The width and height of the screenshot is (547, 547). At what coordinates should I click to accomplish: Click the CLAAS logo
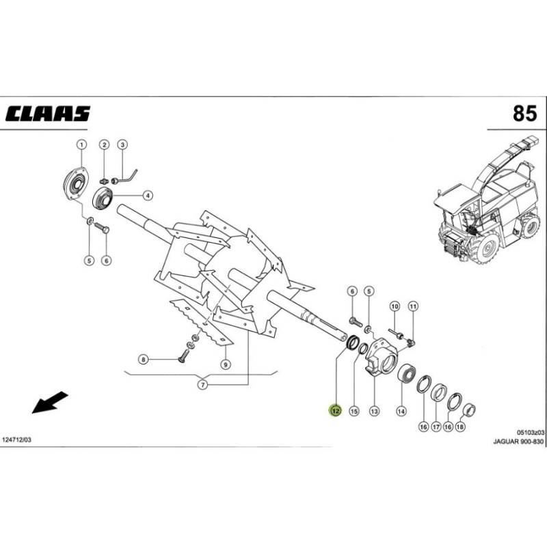pyautogui.click(x=48, y=113)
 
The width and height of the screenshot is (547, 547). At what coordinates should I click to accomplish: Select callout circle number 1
pyautogui.click(x=81, y=144)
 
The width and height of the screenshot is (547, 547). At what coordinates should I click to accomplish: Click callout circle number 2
pyautogui.click(x=105, y=144)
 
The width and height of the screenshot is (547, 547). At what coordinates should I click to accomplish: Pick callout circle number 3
pyautogui.click(x=122, y=144)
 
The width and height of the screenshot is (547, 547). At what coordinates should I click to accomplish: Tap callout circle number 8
pyautogui.click(x=144, y=359)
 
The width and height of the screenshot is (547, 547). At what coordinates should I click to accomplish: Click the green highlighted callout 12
pyautogui.click(x=335, y=411)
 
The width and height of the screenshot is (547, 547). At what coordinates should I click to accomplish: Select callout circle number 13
pyautogui.click(x=374, y=411)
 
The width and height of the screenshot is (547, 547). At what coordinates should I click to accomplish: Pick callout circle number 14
pyautogui.click(x=401, y=411)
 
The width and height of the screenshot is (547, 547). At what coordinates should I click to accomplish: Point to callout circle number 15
pyautogui.click(x=353, y=411)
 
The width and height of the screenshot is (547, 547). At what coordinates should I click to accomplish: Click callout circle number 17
pyautogui.click(x=436, y=427)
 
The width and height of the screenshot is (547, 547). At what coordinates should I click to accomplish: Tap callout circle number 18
pyautogui.click(x=460, y=427)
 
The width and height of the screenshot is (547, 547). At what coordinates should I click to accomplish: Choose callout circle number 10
pyautogui.click(x=394, y=305)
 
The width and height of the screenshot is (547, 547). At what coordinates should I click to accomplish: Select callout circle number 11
pyautogui.click(x=412, y=305)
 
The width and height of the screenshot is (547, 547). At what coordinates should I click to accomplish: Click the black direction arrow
pyautogui.click(x=50, y=403)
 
